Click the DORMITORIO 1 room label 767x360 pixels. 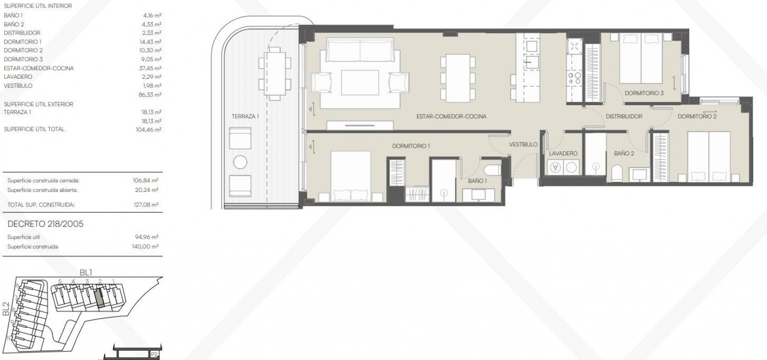click(410, 146)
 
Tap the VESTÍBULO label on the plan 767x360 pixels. click(523, 144)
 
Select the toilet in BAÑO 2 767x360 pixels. click(617, 174)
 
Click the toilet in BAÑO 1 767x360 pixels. click(492, 170)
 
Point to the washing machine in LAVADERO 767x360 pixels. click(555, 168)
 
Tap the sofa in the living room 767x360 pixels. click(359, 50)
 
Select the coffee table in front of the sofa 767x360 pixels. click(360, 82)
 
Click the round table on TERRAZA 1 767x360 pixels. click(240, 162)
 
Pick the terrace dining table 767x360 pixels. click(275, 73)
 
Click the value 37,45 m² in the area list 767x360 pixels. click(150, 68)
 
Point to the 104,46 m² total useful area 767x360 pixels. click(149, 129)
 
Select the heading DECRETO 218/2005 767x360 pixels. click(45, 224)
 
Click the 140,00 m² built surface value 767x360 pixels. click(145, 246)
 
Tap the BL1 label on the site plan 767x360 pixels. click(86, 273)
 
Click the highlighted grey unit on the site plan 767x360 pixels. click(98, 297)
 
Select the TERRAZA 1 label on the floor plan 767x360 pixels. click(245, 117)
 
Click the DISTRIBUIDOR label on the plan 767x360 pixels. click(624, 117)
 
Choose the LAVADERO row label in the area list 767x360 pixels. click(18, 77)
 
